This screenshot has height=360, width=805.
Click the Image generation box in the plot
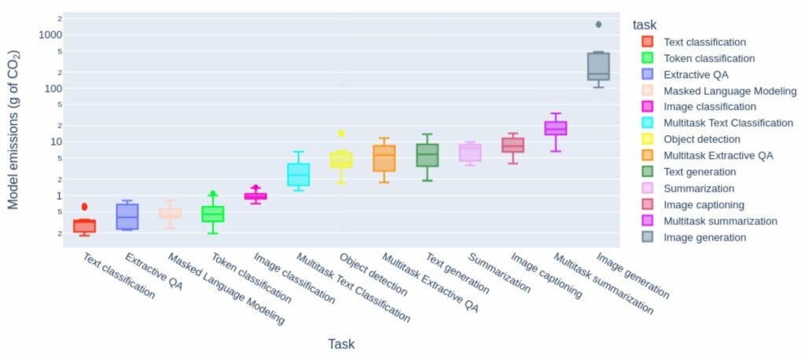click(x=598, y=67)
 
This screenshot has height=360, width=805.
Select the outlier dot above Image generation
click(x=598, y=24)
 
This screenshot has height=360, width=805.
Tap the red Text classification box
click(x=84, y=226)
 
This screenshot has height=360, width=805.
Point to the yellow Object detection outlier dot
click(x=341, y=134)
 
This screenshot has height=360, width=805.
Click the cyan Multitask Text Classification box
click(x=298, y=174)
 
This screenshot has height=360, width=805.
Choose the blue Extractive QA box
click(x=127, y=217)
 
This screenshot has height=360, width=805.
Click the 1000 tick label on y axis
click(x=49, y=35)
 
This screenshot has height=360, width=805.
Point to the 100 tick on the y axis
click(x=52, y=88)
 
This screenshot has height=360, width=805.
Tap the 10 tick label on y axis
click(x=55, y=141)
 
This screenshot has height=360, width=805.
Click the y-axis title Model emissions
click(x=13, y=130)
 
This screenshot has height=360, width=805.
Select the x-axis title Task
click(x=341, y=343)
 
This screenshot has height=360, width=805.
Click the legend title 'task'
click(x=645, y=25)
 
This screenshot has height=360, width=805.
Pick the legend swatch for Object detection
click(x=647, y=139)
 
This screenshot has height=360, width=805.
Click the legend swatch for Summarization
click(x=647, y=188)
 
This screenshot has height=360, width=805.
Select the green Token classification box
click(x=212, y=214)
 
